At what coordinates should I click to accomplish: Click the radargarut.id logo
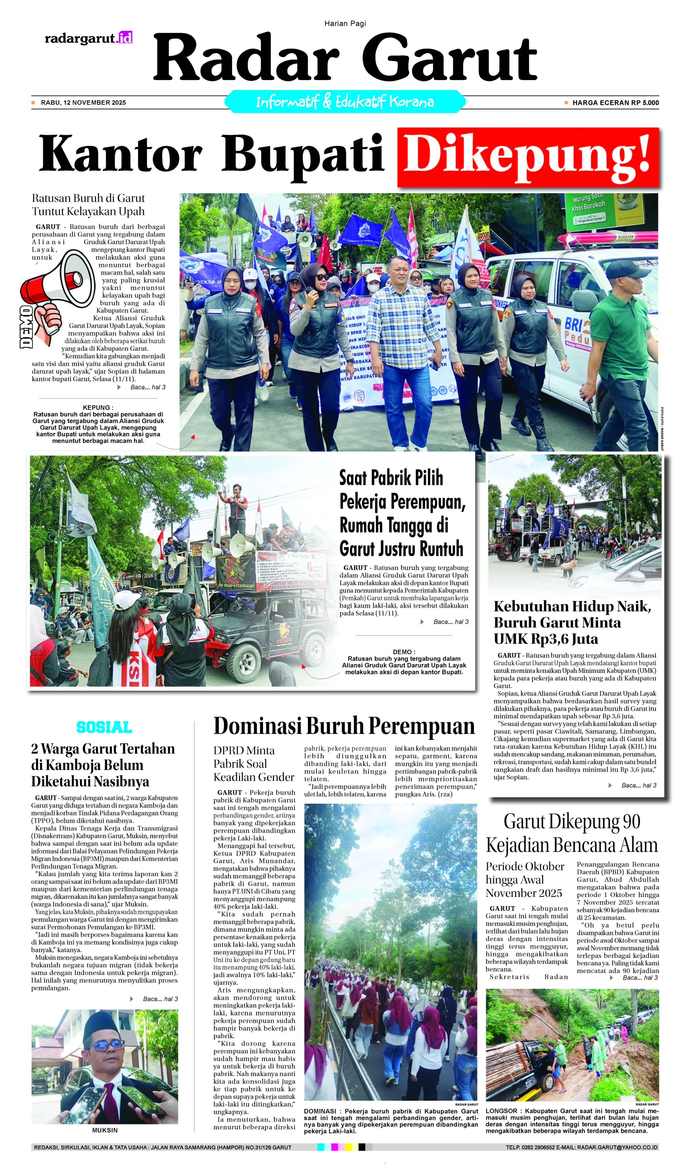click(x=88, y=38)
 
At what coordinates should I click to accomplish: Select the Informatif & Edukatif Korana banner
click(x=345, y=102)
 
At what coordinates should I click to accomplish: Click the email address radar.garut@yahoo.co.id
click(x=617, y=1147)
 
